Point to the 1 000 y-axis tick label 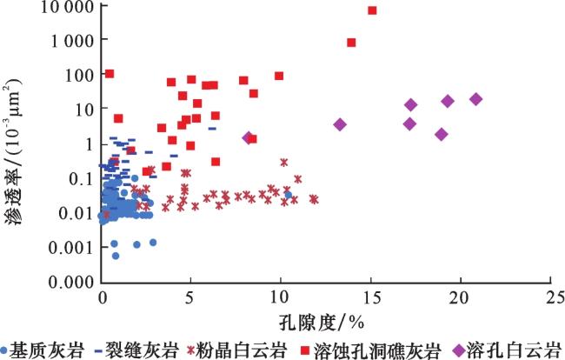[x=72, y=41]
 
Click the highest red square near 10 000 [x=372, y=10]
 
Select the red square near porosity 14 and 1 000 [x=351, y=42]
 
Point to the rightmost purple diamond [x=475, y=99]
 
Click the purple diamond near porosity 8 [x=248, y=137]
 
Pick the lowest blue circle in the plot [x=116, y=256]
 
